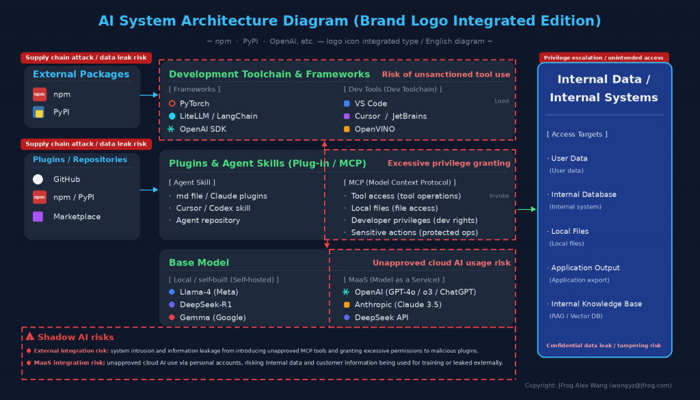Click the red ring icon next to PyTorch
[x=172, y=103]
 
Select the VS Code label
[x=371, y=103]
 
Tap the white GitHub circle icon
[x=38, y=179]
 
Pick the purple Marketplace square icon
[x=38, y=217]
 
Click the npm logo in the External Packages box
[x=39, y=94]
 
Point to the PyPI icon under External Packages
[x=39, y=112]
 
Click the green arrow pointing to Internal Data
[x=527, y=209]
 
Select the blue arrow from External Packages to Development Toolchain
[x=149, y=95]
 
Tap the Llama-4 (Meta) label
[x=209, y=292]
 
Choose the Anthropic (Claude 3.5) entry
[x=398, y=305]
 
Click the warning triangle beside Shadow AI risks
[x=30, y=336]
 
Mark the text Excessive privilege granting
[x=448, y=163]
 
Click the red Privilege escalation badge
[x=604, y=57]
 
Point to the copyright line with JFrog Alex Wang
[x=598, y=385]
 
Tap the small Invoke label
[x=499, y=196]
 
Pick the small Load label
[x=501, y=101]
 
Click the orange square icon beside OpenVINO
[x=347, y=129]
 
